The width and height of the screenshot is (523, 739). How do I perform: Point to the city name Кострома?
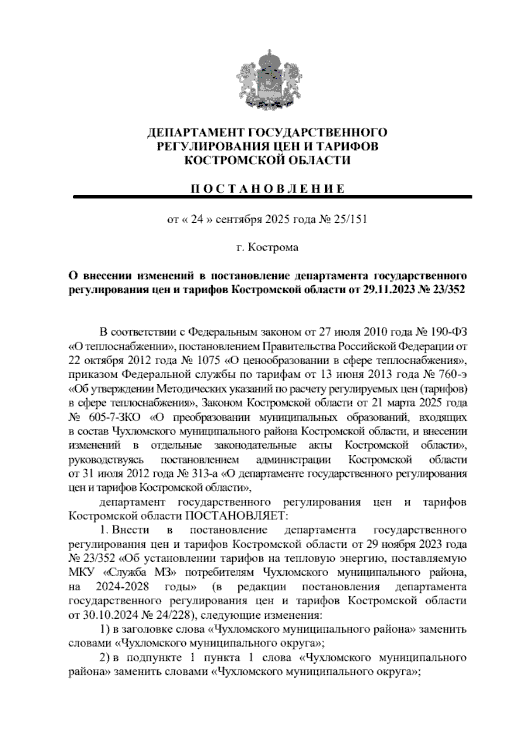[x=273, y=247]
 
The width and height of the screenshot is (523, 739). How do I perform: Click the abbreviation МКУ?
[x=82, y=573]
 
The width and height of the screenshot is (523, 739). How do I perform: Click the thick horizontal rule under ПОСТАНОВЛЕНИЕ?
[x=273, y=197]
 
